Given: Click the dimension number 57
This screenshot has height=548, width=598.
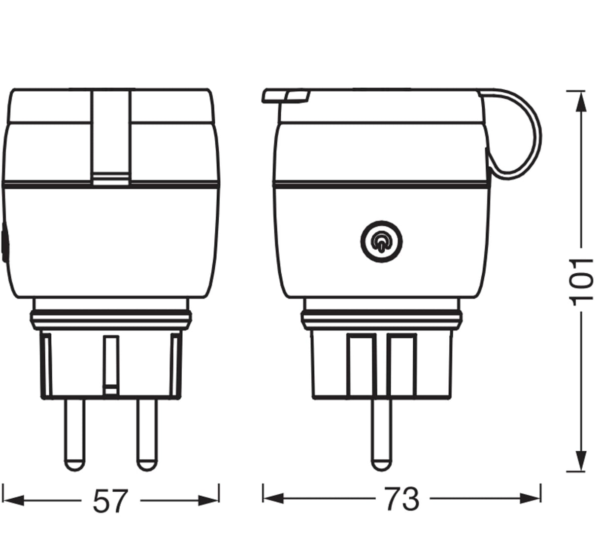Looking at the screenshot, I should click(110, 501).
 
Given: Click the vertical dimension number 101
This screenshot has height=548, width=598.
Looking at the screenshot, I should click(582, 281).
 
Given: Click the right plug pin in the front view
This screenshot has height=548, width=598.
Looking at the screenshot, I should click(147, 434).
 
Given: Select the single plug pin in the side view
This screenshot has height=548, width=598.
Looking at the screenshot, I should click(381, 434).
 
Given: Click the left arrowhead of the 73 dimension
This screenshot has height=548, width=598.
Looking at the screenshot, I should click(273, 499).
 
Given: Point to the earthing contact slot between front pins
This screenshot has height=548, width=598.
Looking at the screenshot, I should click(111, 365).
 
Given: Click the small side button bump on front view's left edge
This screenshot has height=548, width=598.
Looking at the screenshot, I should click(4, 242).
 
